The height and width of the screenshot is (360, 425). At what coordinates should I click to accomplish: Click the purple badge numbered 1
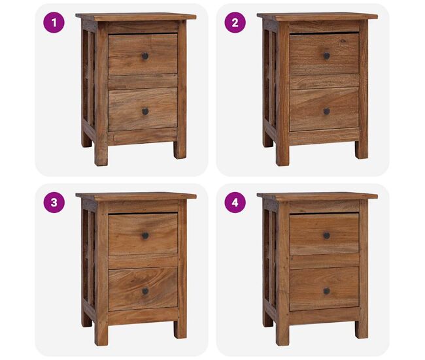(54, 22)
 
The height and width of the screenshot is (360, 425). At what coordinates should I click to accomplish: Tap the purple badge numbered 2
(235, 22)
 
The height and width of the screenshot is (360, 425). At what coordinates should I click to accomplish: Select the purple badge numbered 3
(54, 203)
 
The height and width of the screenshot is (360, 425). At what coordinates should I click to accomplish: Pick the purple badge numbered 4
(235, 203)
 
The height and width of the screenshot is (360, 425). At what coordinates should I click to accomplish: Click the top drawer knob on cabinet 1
(145, 56)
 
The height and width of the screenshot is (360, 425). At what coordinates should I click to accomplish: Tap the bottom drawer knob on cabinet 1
(145, 111)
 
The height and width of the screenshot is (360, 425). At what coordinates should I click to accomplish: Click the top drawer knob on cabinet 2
(327, 56)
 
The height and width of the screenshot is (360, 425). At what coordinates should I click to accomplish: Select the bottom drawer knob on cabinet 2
(327, 111)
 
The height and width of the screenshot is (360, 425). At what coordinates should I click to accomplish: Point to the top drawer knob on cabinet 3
(145, 236)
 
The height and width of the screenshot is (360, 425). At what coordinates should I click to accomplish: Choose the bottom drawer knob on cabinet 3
(145, 291)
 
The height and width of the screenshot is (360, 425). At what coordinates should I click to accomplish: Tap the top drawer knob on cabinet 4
(327, 236)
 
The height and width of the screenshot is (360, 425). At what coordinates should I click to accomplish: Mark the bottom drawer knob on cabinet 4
(327, 291)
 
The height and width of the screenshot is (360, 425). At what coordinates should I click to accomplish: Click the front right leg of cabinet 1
(180, 150)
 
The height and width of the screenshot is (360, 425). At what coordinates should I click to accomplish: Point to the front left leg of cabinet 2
(282, 154)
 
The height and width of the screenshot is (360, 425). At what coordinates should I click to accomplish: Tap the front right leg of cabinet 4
(362, 329)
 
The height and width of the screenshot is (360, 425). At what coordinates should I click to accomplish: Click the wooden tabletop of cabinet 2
(317, 16)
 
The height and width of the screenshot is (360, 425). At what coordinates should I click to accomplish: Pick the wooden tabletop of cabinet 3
(136, 196)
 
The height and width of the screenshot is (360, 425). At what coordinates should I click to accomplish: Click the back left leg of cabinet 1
(86, 140)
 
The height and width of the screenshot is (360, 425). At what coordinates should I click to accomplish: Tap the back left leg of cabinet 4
(268, 320)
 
